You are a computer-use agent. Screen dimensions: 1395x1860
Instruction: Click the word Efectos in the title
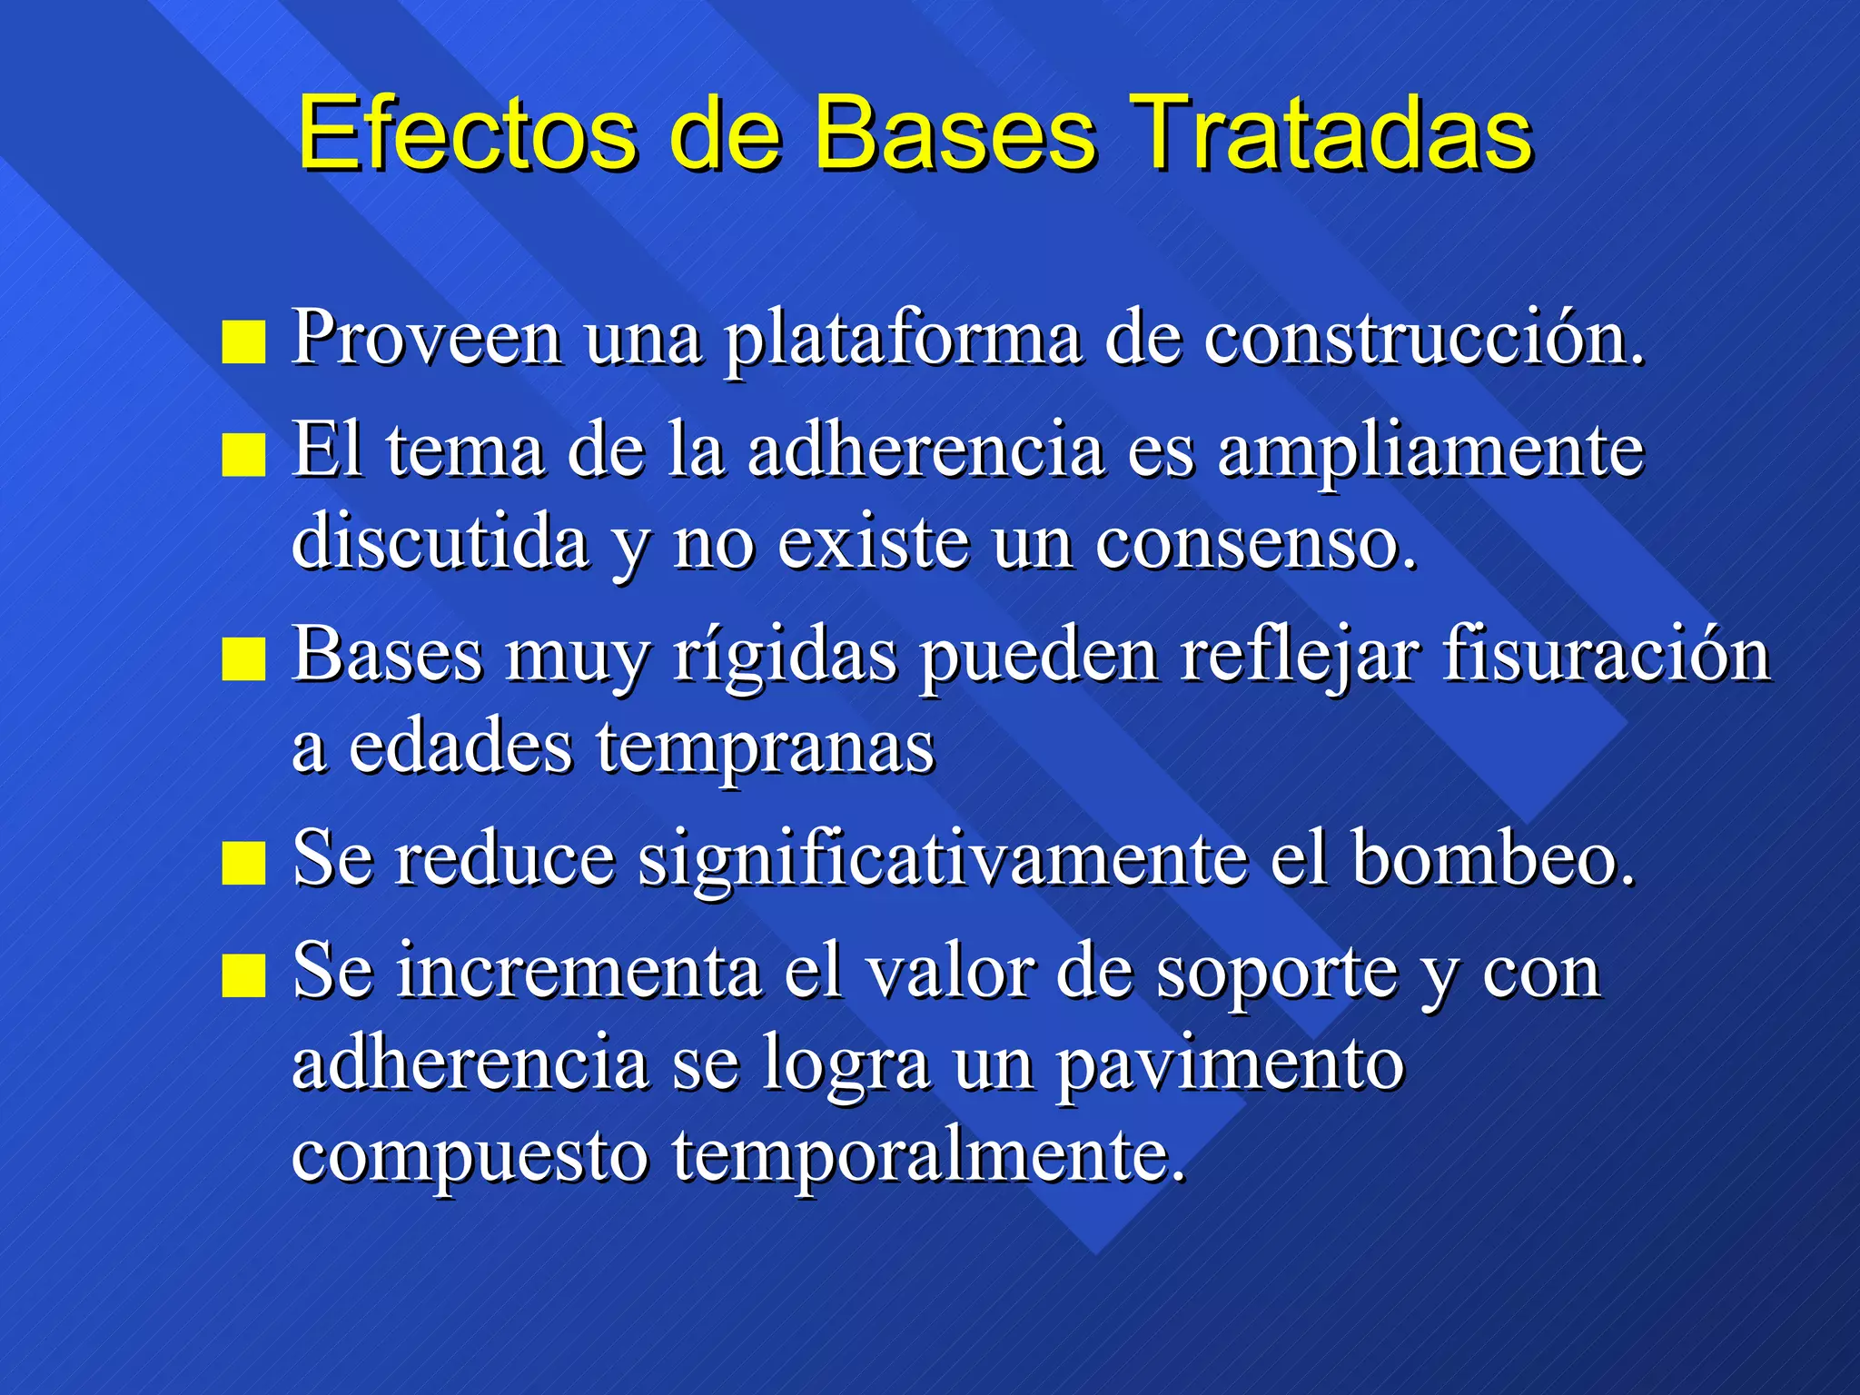click(x=467, y=134)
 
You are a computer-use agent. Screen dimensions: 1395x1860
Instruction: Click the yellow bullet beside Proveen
click(x=243, y=342)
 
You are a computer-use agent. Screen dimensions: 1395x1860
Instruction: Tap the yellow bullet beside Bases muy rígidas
click(x=243, y=658)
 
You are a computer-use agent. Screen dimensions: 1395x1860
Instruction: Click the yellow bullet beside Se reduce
click(x=243, y=862)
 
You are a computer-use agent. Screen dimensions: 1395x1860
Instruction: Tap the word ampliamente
click(x=1430, y=452)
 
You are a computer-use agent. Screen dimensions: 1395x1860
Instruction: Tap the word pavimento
click(x=1230, y=1064)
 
